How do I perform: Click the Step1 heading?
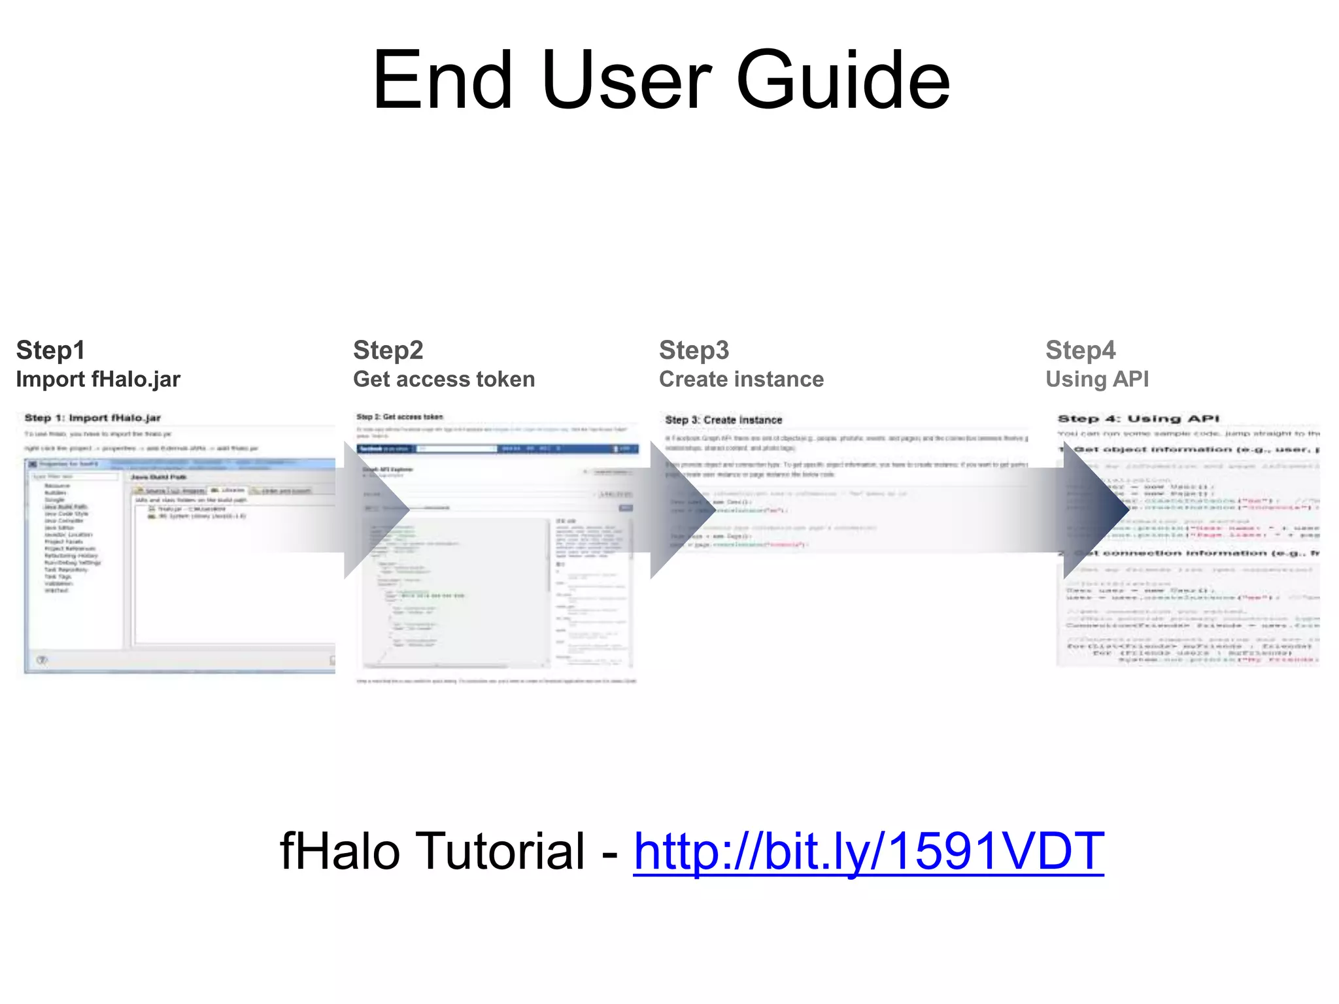(50, 350)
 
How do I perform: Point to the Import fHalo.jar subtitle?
(98, 379)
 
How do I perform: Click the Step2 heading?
(388, 350)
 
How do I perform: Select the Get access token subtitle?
(444, 379)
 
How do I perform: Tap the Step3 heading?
(694, 350)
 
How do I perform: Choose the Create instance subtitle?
(741, 379)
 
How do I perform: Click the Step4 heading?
(1080, 350)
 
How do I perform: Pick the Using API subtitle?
(1097, 379)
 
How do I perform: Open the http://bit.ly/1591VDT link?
(868, 852)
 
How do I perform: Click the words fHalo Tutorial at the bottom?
(432, 852)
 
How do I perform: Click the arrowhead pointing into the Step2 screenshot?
(373, 510)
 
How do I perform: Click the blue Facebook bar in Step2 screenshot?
(497, 448)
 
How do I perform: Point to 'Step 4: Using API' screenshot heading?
(1138, 418)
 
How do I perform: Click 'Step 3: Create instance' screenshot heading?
(723, 420)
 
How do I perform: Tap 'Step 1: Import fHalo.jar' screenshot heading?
(92, 418)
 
